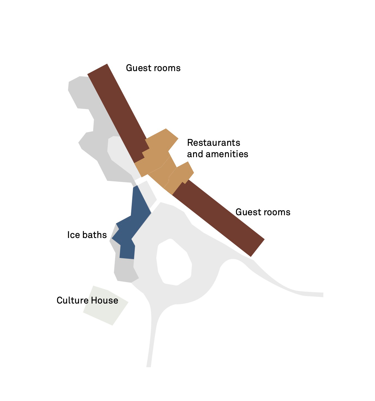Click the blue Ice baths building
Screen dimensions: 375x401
click(136, 219)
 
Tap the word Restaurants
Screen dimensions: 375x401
click(214, 143)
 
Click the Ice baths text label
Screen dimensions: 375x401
click(87, 235)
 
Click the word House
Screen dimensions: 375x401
click(105, 300)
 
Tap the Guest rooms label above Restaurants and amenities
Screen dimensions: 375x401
click(153, 68)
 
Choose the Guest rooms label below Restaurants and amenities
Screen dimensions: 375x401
click(263, 212)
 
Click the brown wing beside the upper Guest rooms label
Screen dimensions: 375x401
click(116, 111)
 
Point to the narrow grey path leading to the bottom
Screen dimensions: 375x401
click(151, 342)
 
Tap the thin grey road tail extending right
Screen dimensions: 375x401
click(305, 293)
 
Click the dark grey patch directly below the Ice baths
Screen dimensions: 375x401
click(125, 271)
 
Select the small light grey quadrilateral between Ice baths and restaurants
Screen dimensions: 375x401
click(147, 194)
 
